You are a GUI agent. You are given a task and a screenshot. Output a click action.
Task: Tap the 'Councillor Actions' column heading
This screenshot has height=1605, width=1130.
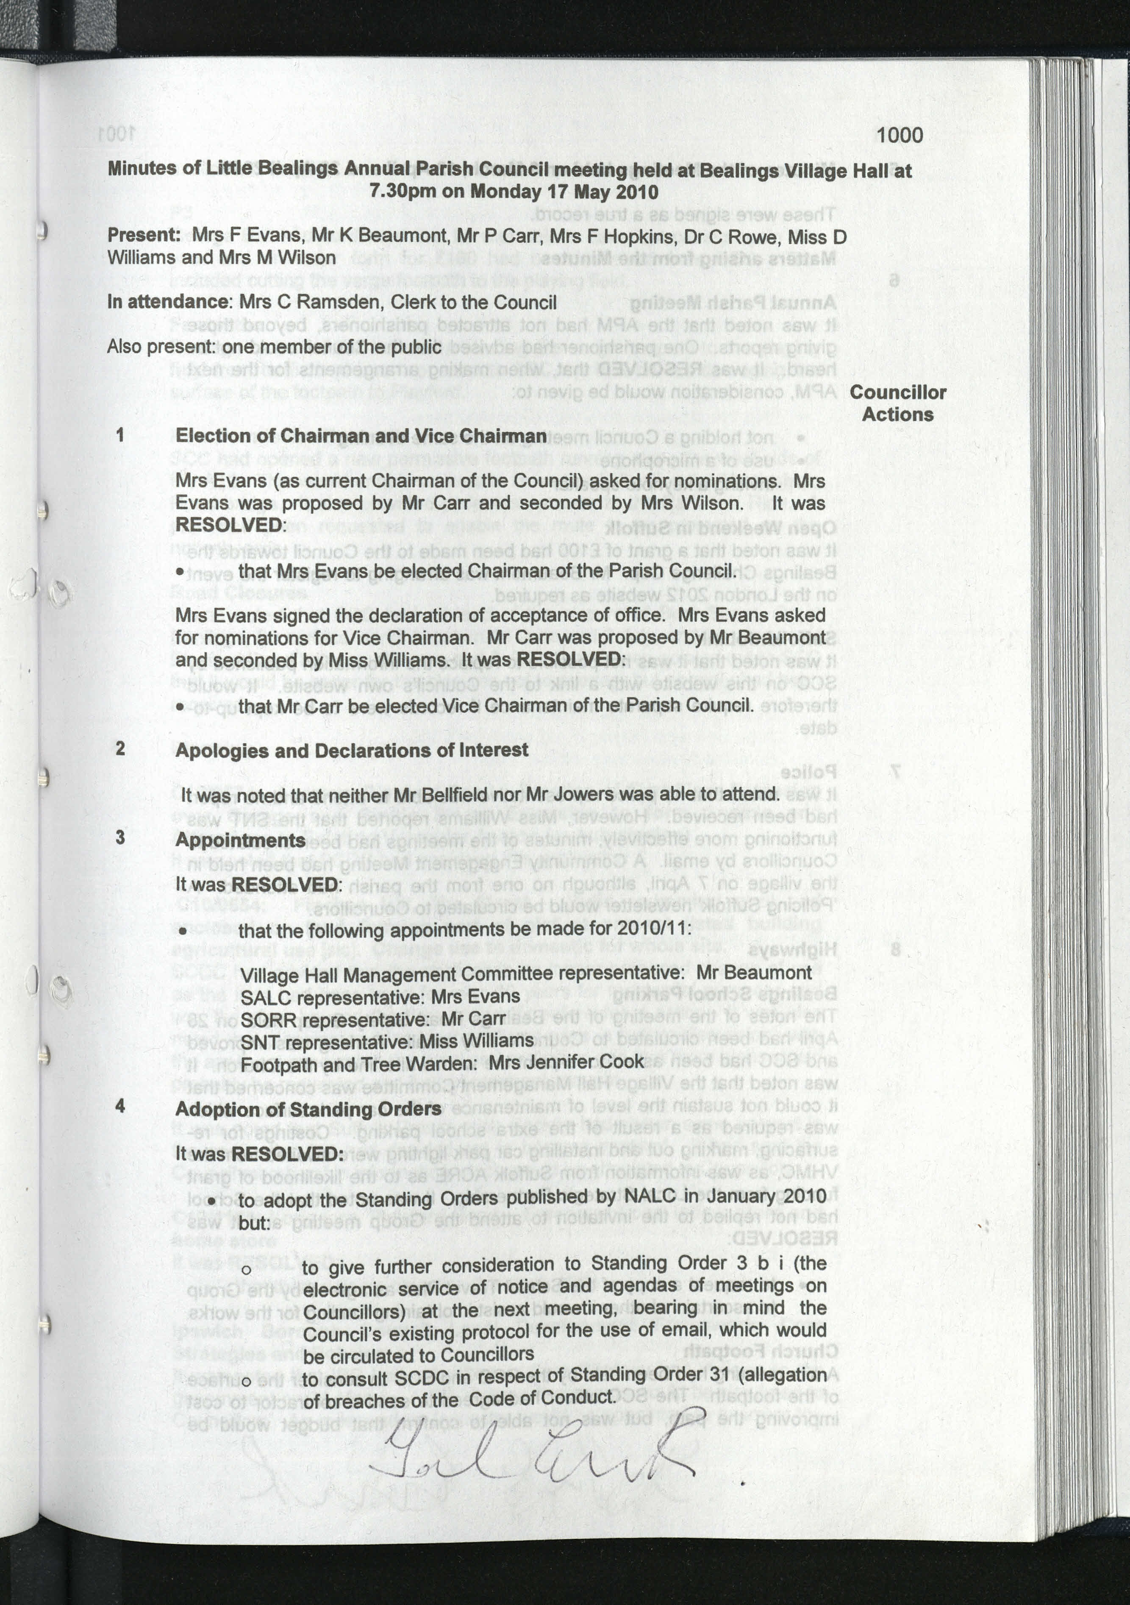coord(898,403)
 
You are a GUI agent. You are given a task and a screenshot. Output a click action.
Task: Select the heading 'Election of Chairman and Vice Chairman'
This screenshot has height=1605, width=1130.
coord(361,436)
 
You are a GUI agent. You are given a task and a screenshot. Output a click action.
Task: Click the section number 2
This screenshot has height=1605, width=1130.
coord(121,748)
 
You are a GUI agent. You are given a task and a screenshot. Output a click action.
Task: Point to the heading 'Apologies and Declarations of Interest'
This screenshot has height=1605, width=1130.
coord(352,750)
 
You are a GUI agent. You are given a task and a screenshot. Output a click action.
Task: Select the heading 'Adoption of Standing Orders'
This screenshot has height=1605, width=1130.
coord(308,1110)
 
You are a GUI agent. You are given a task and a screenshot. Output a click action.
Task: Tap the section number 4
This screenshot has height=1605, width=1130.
coord(121,1106)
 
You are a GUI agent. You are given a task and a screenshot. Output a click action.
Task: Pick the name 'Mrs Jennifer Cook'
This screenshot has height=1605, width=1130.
coord(566,1062)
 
